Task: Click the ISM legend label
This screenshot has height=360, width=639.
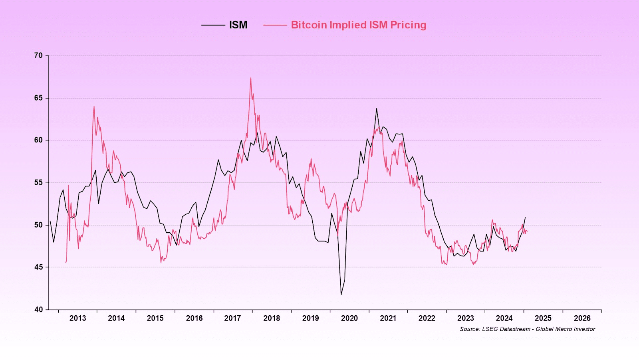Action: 238,25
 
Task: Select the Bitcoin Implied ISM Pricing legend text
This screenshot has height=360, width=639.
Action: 358,25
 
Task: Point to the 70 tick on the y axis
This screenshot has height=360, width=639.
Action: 38,55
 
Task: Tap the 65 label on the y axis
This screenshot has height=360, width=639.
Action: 38,98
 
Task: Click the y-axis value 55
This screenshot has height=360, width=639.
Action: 38,182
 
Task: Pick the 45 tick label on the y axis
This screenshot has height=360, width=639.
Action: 38,267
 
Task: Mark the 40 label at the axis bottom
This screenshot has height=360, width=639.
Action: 38,309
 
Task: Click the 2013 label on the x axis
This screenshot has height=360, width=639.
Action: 77,318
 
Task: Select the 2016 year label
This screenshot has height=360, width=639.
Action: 194,318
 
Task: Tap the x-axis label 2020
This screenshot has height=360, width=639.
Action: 349,318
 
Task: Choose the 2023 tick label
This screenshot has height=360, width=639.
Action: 465,318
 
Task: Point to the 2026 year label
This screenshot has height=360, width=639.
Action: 582,318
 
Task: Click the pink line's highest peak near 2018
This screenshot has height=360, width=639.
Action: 251,78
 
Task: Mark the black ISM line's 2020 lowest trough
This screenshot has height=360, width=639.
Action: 341,295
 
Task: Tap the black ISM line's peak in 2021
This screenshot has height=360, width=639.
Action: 376,108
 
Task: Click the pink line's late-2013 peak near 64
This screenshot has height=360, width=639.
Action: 94,106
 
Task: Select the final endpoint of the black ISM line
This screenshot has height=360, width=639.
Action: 525,218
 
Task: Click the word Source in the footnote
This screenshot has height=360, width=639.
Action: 469,329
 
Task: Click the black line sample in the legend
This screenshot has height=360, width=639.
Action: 213,25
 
